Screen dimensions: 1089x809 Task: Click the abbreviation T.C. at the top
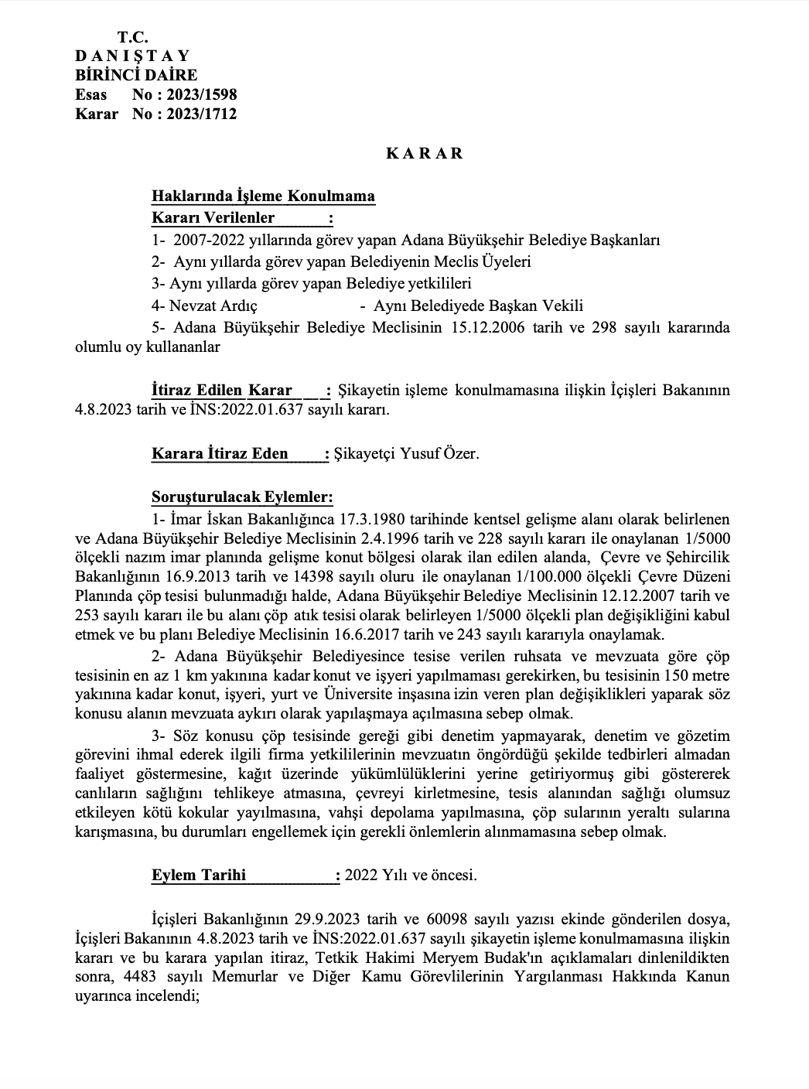tap(133, 37)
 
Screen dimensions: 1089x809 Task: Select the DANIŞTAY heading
tap(132, 56)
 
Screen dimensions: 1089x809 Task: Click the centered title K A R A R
tap(424, 153)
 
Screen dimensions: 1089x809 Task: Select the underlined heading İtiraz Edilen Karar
tap(222, 391)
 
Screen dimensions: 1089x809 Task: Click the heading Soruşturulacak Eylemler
tap(242, 497)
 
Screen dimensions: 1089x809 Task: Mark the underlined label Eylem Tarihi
tap(199, 876)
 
